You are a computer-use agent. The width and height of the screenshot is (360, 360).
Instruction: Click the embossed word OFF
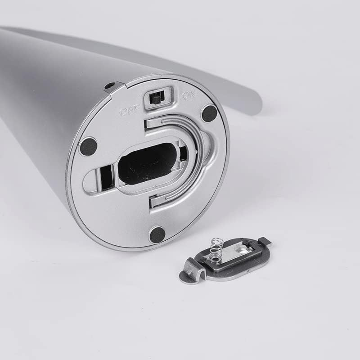tap(130, 112)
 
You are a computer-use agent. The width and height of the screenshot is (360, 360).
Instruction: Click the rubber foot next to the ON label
tap(210, 113)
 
